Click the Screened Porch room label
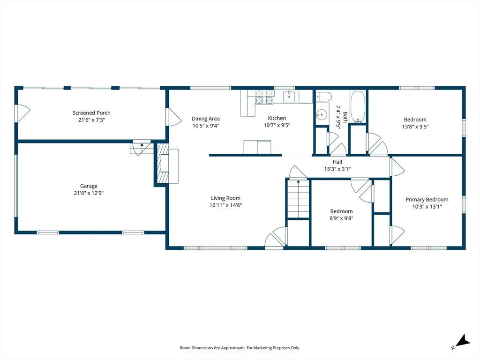pyautogui.click(x=91, y=113)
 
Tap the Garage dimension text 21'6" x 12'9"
pyautogui.click(x=89, y=193)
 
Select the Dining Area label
pyautogui.click(x=206, y=119)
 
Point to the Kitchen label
pyautogui.click(x=277, y=118)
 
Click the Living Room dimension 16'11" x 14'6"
pyautogui.click(x=225, y=205)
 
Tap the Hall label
pyautogui.click(x=337, y=162)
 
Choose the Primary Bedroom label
pyautogui.click(x=427, y=200)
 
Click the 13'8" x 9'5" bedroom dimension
pyautogui.click(x=415, y=127)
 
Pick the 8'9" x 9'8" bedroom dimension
pyautogui.click(x=341, y=218)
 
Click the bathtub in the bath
pyautogui.click(x=358, y=106)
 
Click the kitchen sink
pyautogui.click(x=289, y=97)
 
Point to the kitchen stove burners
pyautogui.click(x=264, y=97)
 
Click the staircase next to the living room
pyautogui.click(x=298, y=199)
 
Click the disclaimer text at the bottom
pyautogui.click(x=240, y=348)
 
